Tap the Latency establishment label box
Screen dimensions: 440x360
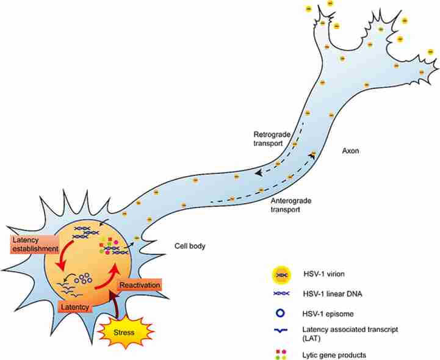(x=35, y=245)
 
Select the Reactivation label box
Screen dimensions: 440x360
(x=140, y=286)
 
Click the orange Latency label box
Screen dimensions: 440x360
(x=75, y=307)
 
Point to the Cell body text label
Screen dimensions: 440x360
(x=190, y=246)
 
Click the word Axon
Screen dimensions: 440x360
(x=350, y=151)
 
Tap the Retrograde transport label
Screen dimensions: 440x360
(x=272, y=139)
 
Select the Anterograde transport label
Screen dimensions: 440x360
(x=291, y=205)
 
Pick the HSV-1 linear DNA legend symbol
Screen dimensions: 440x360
(x=281, y=293)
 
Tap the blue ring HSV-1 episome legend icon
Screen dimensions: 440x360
(x=280, y=313)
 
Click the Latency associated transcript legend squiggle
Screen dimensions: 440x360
(x=281, y=331)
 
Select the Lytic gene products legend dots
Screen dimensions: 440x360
(x=281, y=355)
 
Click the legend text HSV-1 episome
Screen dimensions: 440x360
(x=328, y=314)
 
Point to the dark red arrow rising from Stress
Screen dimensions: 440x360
(x=115, y=304)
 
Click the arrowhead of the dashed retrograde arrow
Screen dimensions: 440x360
(x=259, y=173)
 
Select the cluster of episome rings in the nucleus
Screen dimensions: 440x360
(x=84, y=278)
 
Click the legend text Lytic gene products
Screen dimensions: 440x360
(x=334, y=355)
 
